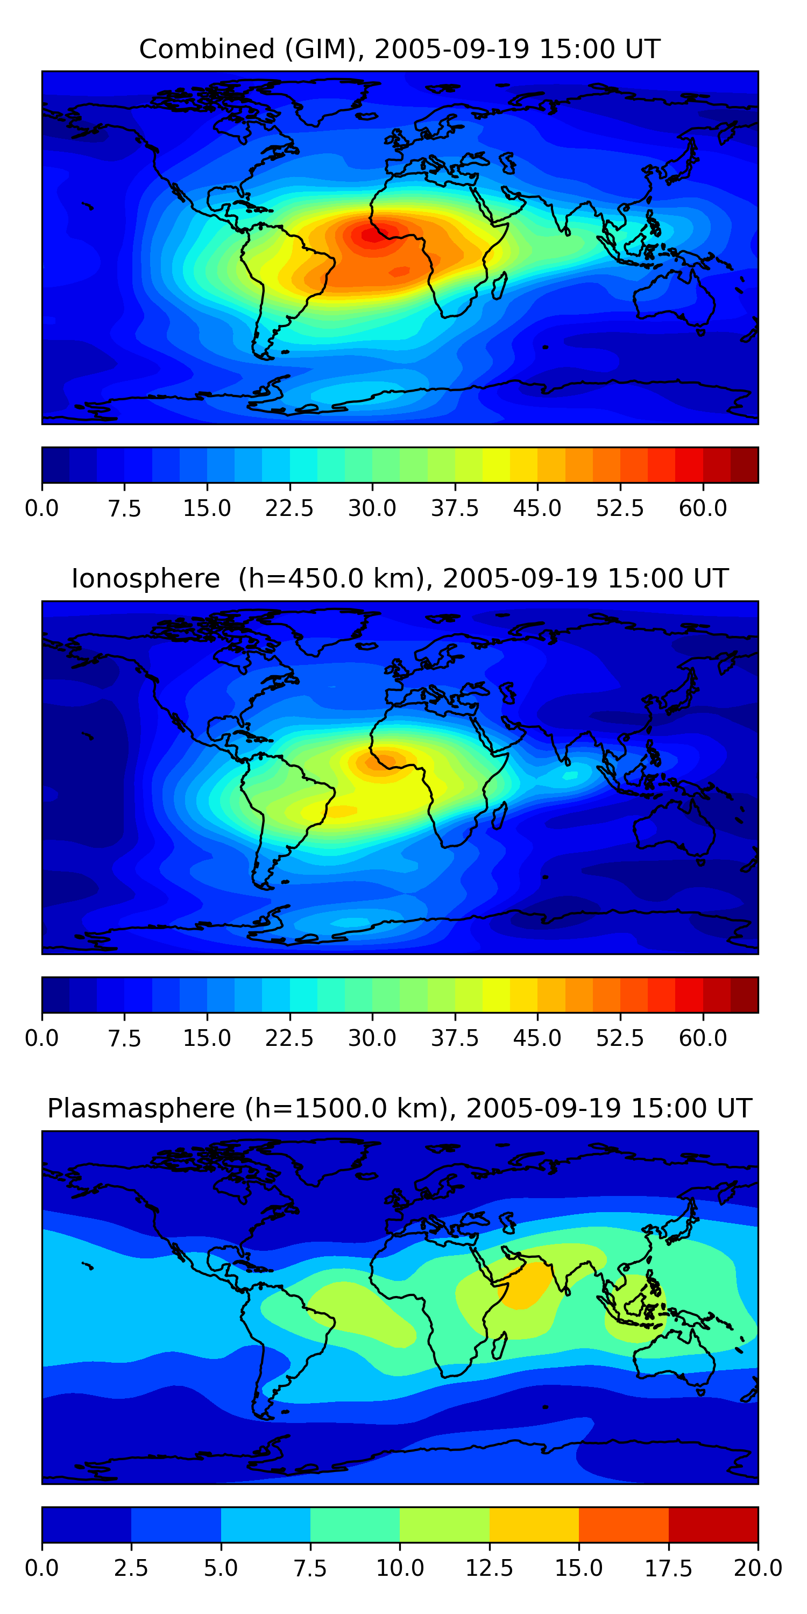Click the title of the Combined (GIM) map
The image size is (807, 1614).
(400, 49)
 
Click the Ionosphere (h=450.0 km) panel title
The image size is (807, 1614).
(400, 578)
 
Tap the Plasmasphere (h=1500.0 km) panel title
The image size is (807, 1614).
(400, 1108)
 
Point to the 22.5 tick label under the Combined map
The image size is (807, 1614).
(289, 508)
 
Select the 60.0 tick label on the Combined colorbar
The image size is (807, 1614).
(703, 508)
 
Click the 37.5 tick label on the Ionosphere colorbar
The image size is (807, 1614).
(455, 1038)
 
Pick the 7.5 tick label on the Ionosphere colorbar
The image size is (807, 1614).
(124, 1038)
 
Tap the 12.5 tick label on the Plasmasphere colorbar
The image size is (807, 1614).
(490, 1568)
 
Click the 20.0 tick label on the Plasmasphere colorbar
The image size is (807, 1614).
(758, 1568)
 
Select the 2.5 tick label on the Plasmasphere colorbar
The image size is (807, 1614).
(131, 1568)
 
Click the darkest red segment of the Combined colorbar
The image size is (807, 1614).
(745, 465)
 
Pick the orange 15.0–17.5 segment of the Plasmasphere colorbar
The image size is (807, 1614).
(624, 1524)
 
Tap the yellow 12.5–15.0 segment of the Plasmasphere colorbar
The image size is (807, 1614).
(534, 1524)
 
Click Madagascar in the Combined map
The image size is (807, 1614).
(499, 286)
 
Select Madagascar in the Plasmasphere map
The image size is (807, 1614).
(499, 1346)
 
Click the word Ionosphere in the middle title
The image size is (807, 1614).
(145, 578)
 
